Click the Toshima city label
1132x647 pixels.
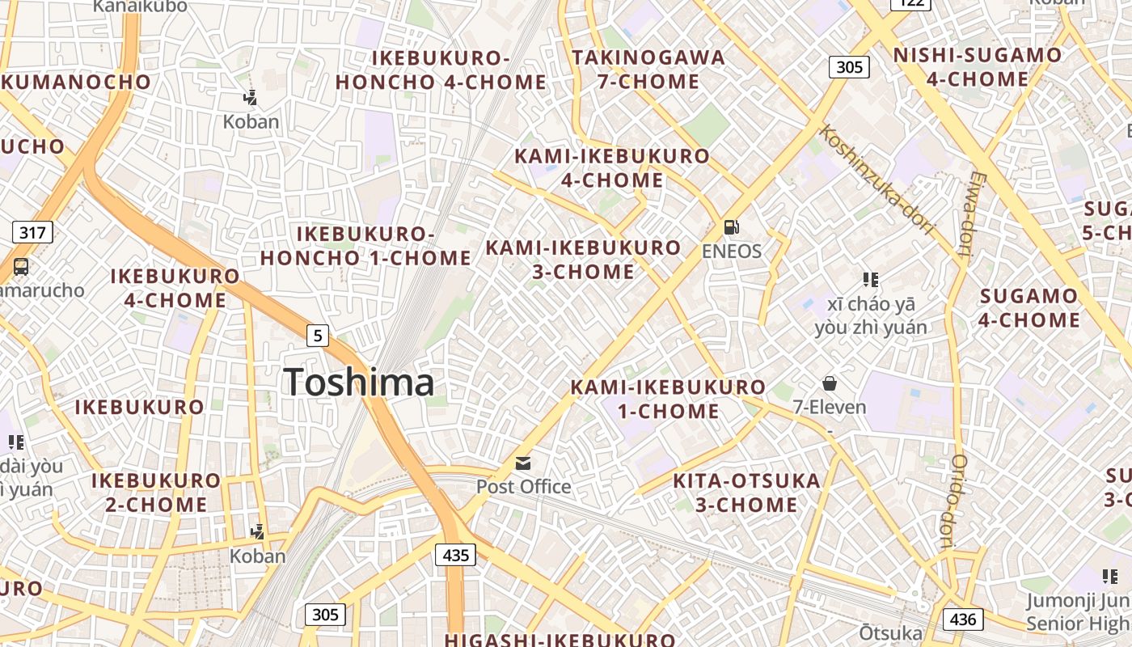click(x=359, y=383)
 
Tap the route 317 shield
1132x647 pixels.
click(x=32, y=233)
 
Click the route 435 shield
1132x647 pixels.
click(x=456, y=555)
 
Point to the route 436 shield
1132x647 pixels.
click(x=962, y=620)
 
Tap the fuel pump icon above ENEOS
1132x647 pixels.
click(x=731, y=228)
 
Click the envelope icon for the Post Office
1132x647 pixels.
click(x=523, y=463)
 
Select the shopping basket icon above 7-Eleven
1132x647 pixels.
click(x=829, y=383)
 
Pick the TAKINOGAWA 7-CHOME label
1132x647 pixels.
click(x=648, y=70)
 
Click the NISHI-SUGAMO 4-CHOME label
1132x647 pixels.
click(x=978, y=67)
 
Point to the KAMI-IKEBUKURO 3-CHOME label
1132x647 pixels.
click(x=584, y=260)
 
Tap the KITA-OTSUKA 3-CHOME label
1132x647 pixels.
click(x=747, y=493)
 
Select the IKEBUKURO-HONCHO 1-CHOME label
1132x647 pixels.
click(x=365, y=246)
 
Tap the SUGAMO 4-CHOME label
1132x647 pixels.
click(x=1029, y=308)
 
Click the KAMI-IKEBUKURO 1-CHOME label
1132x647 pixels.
click(x=668, y=399)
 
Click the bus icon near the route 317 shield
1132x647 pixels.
click(x=21, y=266)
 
